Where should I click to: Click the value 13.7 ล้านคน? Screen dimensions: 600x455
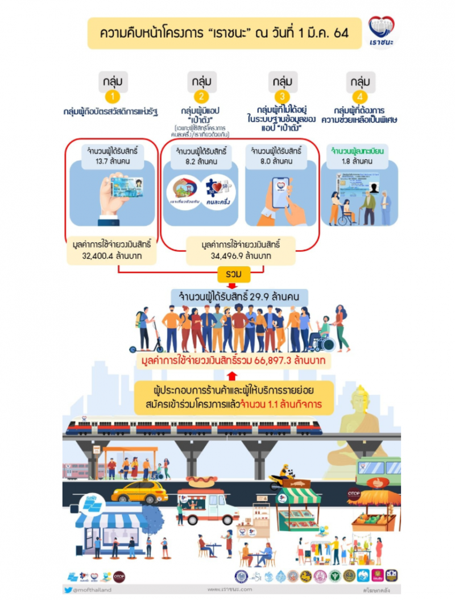click(x=112, y=161)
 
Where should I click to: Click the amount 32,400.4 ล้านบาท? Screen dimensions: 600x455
click(x=112, y=256)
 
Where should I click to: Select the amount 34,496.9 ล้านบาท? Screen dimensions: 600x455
click(x=241, y=256)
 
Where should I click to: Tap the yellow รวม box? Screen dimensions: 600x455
click(x=233, y=274)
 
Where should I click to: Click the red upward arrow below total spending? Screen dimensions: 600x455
click(x=231, y=375)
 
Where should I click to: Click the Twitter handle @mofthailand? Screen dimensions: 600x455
click(x=92, y=590)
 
